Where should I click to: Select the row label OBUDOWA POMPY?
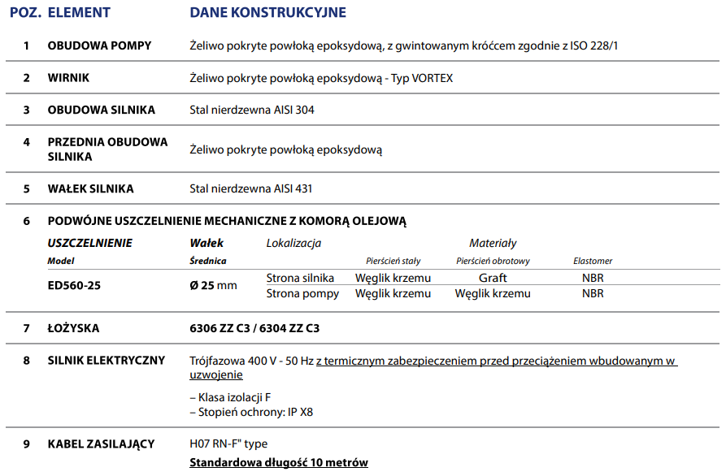99,45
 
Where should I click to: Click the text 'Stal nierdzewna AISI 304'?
251,110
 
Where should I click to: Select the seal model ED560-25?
75,285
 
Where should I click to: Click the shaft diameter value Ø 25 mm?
213,285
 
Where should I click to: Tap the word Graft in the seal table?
493,278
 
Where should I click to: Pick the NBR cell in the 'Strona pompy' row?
593,293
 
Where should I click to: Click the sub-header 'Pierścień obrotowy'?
493,261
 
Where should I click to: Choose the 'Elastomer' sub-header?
593,261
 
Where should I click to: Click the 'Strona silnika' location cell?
300,278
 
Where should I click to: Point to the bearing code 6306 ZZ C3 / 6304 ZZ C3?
254,328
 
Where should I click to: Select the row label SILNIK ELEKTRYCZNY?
107,361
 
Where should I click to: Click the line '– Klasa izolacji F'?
230,397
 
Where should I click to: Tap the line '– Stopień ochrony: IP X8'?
250,412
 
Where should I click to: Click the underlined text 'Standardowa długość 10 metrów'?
278,462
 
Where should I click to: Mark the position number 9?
27,444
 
